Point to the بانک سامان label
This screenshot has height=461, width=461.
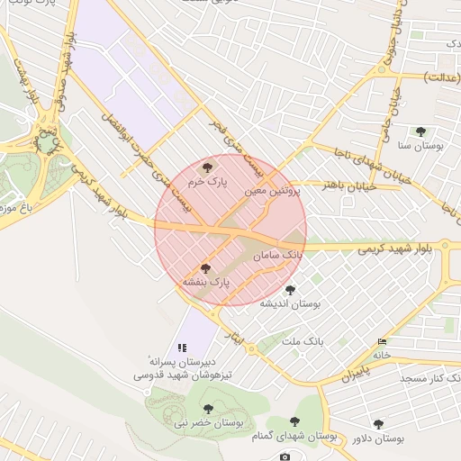click(279, 257)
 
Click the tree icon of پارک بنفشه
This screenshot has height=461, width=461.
click(205, 268)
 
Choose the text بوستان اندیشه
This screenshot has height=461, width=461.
click(290, 303)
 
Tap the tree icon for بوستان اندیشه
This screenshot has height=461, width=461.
click(290, 290)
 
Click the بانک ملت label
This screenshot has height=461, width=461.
click(302, 342)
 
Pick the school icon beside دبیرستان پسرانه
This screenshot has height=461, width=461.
click(182, 347)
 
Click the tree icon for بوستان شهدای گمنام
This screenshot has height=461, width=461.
click(294, 421)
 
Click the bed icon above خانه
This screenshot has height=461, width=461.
click(384, 342)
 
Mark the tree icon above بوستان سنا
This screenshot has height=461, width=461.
click(420, 131)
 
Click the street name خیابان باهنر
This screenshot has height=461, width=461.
click(343, 186)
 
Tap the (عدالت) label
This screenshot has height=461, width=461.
click(439, 77)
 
